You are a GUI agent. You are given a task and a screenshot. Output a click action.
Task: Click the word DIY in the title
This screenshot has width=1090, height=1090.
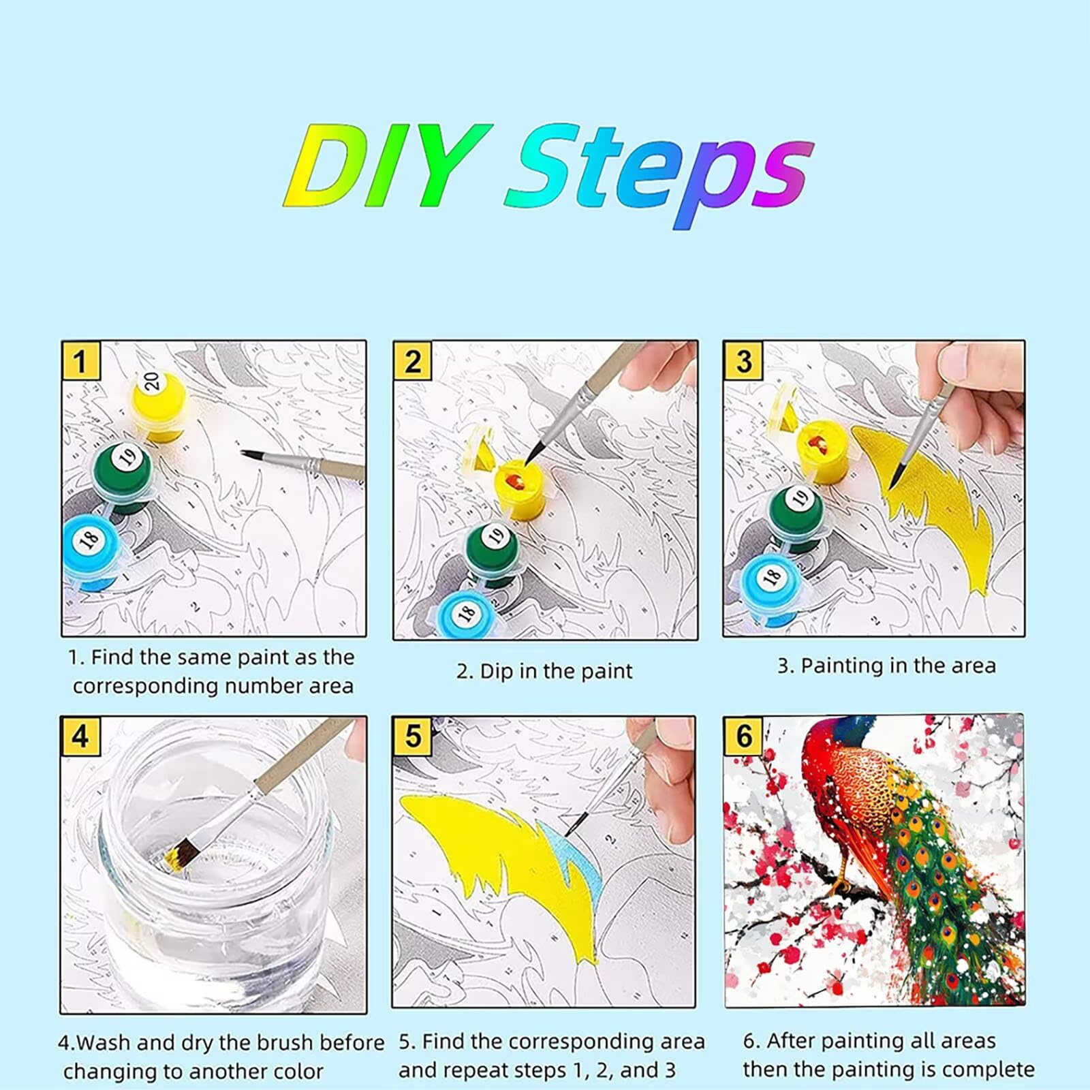(x=388, y=165)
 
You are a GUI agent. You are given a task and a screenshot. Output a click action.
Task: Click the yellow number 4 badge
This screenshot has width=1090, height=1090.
(x=80, y=736)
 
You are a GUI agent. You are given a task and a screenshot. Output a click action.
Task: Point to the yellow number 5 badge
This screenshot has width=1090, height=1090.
(x=412, y=736)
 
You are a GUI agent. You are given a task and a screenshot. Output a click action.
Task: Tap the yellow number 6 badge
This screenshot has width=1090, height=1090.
(x=743, y=736)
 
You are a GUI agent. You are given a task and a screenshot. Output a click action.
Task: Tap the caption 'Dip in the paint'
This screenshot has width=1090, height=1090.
(x=544, y=672)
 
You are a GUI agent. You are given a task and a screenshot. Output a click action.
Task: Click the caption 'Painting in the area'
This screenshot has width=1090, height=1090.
(x=886, y=666)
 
